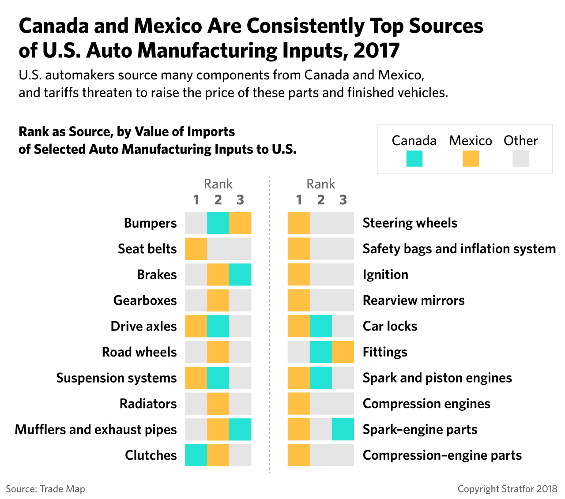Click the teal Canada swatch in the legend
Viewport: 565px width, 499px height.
point(414,158)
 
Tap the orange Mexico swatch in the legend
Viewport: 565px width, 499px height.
point(471,158)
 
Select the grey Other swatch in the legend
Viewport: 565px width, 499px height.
point(521,158)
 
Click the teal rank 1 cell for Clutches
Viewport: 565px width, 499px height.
point(196,455)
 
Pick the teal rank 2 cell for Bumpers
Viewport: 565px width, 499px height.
point(218,223)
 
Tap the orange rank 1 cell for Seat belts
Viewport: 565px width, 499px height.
point(196,249)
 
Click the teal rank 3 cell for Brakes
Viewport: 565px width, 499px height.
point(240,274)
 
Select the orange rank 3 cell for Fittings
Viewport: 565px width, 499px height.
point(343,352)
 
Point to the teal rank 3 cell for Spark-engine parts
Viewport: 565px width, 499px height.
point(343,429)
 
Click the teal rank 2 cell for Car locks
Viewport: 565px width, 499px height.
point(321,326)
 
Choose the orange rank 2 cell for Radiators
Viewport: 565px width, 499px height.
point(218,403)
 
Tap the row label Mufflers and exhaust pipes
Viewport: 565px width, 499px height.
point(96,430)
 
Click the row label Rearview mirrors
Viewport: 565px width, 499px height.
point(414,300)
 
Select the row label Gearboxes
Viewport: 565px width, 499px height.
point(145,300)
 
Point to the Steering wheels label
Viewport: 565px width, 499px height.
point(410,223)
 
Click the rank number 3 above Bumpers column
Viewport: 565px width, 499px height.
point(240,199)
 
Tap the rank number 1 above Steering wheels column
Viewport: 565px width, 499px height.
point(299,199)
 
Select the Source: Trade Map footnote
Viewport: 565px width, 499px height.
point(45,489)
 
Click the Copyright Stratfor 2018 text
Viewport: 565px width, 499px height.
point(507,489)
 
